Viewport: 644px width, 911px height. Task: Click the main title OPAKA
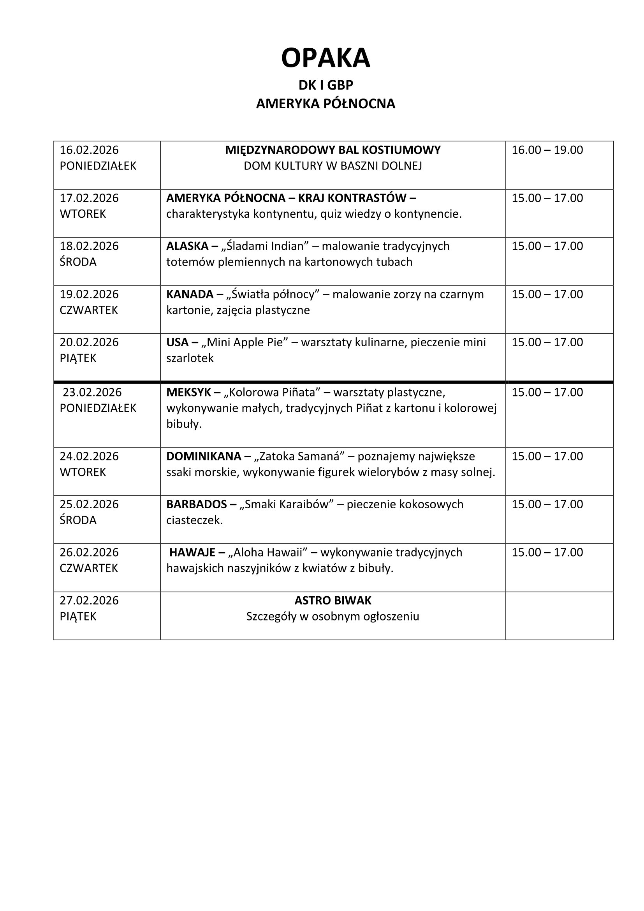click(326, 58)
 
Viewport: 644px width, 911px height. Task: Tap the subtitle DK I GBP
click(326, 85)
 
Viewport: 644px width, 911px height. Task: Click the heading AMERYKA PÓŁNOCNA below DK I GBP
click(326, 104)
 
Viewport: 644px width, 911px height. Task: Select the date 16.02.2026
click(89, 150)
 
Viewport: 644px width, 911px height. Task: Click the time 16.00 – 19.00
click(547, 150)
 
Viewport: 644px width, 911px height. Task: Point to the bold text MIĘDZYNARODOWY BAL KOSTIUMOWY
click(333, 150)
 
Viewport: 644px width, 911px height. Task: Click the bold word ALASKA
click(187, 246)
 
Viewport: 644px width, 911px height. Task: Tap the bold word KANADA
click(190, 294)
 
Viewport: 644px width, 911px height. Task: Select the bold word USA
click(177, 342)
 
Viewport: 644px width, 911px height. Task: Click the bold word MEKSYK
click(188, 392)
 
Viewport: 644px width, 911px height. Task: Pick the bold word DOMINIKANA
click(203, 456)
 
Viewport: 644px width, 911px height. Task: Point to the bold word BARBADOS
click(196, 504)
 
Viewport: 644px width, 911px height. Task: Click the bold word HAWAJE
click(192, 552)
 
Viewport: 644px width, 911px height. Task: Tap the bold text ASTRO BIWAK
click(333, 600)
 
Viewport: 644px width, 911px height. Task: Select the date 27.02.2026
click(89, 600)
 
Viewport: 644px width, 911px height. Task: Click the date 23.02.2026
click(92, 392)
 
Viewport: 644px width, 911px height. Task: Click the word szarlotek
click(190, 358)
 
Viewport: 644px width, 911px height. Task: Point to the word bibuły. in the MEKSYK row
click(184, 424)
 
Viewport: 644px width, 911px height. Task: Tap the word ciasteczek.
click(194, 520)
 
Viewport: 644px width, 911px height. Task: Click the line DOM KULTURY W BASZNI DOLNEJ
click(333, 166)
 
